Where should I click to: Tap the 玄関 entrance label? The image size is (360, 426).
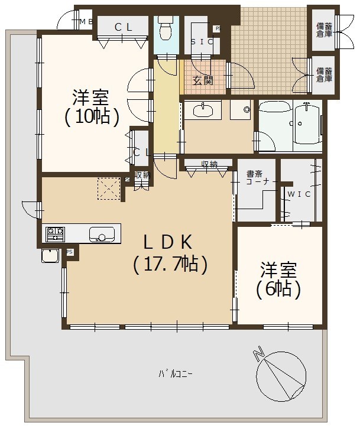pyautogui.click(x=203, y=80)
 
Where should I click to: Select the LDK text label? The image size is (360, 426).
pyautogui.click(x=168, y=242)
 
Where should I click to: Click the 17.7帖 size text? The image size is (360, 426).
pyautogui.click(x=170, y=264)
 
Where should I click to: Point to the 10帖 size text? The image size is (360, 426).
pyautogui.click(x=92, y=116)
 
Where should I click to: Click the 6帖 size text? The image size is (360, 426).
pyautogui.click(x=278, y=289)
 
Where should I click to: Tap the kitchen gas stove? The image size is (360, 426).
pyautogui.click(x=55, y=234)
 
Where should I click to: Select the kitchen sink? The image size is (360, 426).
pyautogui.click(x=102, y=235)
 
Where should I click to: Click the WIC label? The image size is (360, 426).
pyautogui.click(x=299, y=194)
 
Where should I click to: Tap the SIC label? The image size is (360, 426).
pyautogui.click(x=202, y=42)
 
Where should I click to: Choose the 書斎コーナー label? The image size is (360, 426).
pyautogui.click(x=258, y=178)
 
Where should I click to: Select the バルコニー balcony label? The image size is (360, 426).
pyautogui.click(x=176, y=374)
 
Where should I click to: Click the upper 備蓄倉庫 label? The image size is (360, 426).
pyautogui.click(x=324, y=30)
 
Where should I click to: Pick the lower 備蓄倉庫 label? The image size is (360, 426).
pyautogui.click(x=324, y=74)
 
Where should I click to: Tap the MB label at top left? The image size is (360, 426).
pyautogui.click(x=87, y=21)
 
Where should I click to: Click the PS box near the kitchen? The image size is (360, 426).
pyautogui.click(x=70, y=252)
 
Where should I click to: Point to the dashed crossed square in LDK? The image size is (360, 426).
pyautogui.click(x=109, y=189)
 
